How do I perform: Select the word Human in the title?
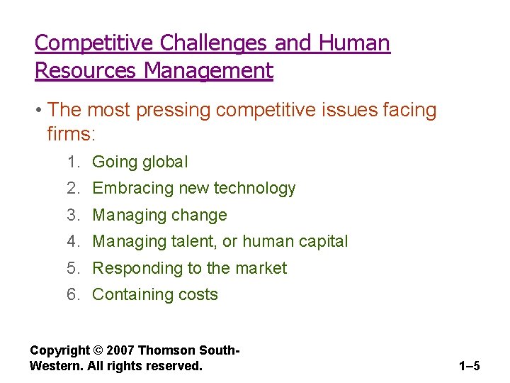pyautogui.click(x=354, y=44)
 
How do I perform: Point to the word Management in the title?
pyautogui.click(x=209, y=71)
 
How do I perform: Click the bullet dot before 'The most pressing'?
pyautogui.click(x=40, y=111)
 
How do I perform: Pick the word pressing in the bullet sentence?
pyautogui.click(x=177, y=111)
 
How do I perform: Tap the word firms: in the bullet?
pyautogui.click(x=70, y=133)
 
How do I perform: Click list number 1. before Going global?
pyautogui.click(x=74, y=162)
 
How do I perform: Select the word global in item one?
pyautogui.click(x=165, y=162)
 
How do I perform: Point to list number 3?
pyautogui.click(x=74, y=215)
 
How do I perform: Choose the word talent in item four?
pyautogui.click(x=192, y=242)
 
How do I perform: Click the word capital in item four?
pyautogui.click(x=322, y=242)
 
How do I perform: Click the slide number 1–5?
pyautogui.click(x=469, y=367)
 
